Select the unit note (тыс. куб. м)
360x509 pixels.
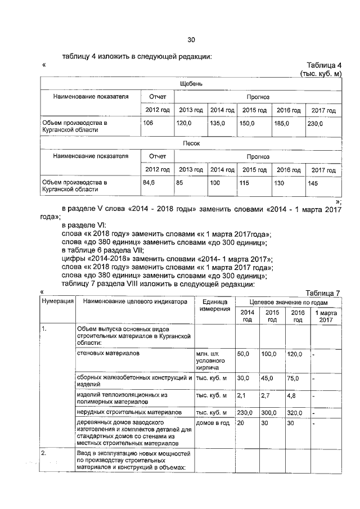pyautogui.click(x=321, y=74)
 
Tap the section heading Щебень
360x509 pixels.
pyautogui.click(x=191, y=84)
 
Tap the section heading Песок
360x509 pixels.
pyautogui.click(x=191, y=143)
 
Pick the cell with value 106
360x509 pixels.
pyautogui.click(x=148, y=123)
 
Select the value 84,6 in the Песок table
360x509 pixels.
pyautogui.click(x=149, y=182)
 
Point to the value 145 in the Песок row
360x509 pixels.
pyautogui.click(x=313, y=182)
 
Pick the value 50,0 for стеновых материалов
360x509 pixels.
pyautogui.click(x=244, y=354)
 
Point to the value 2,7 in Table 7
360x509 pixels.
pyautogui.click(x=267, y=396)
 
